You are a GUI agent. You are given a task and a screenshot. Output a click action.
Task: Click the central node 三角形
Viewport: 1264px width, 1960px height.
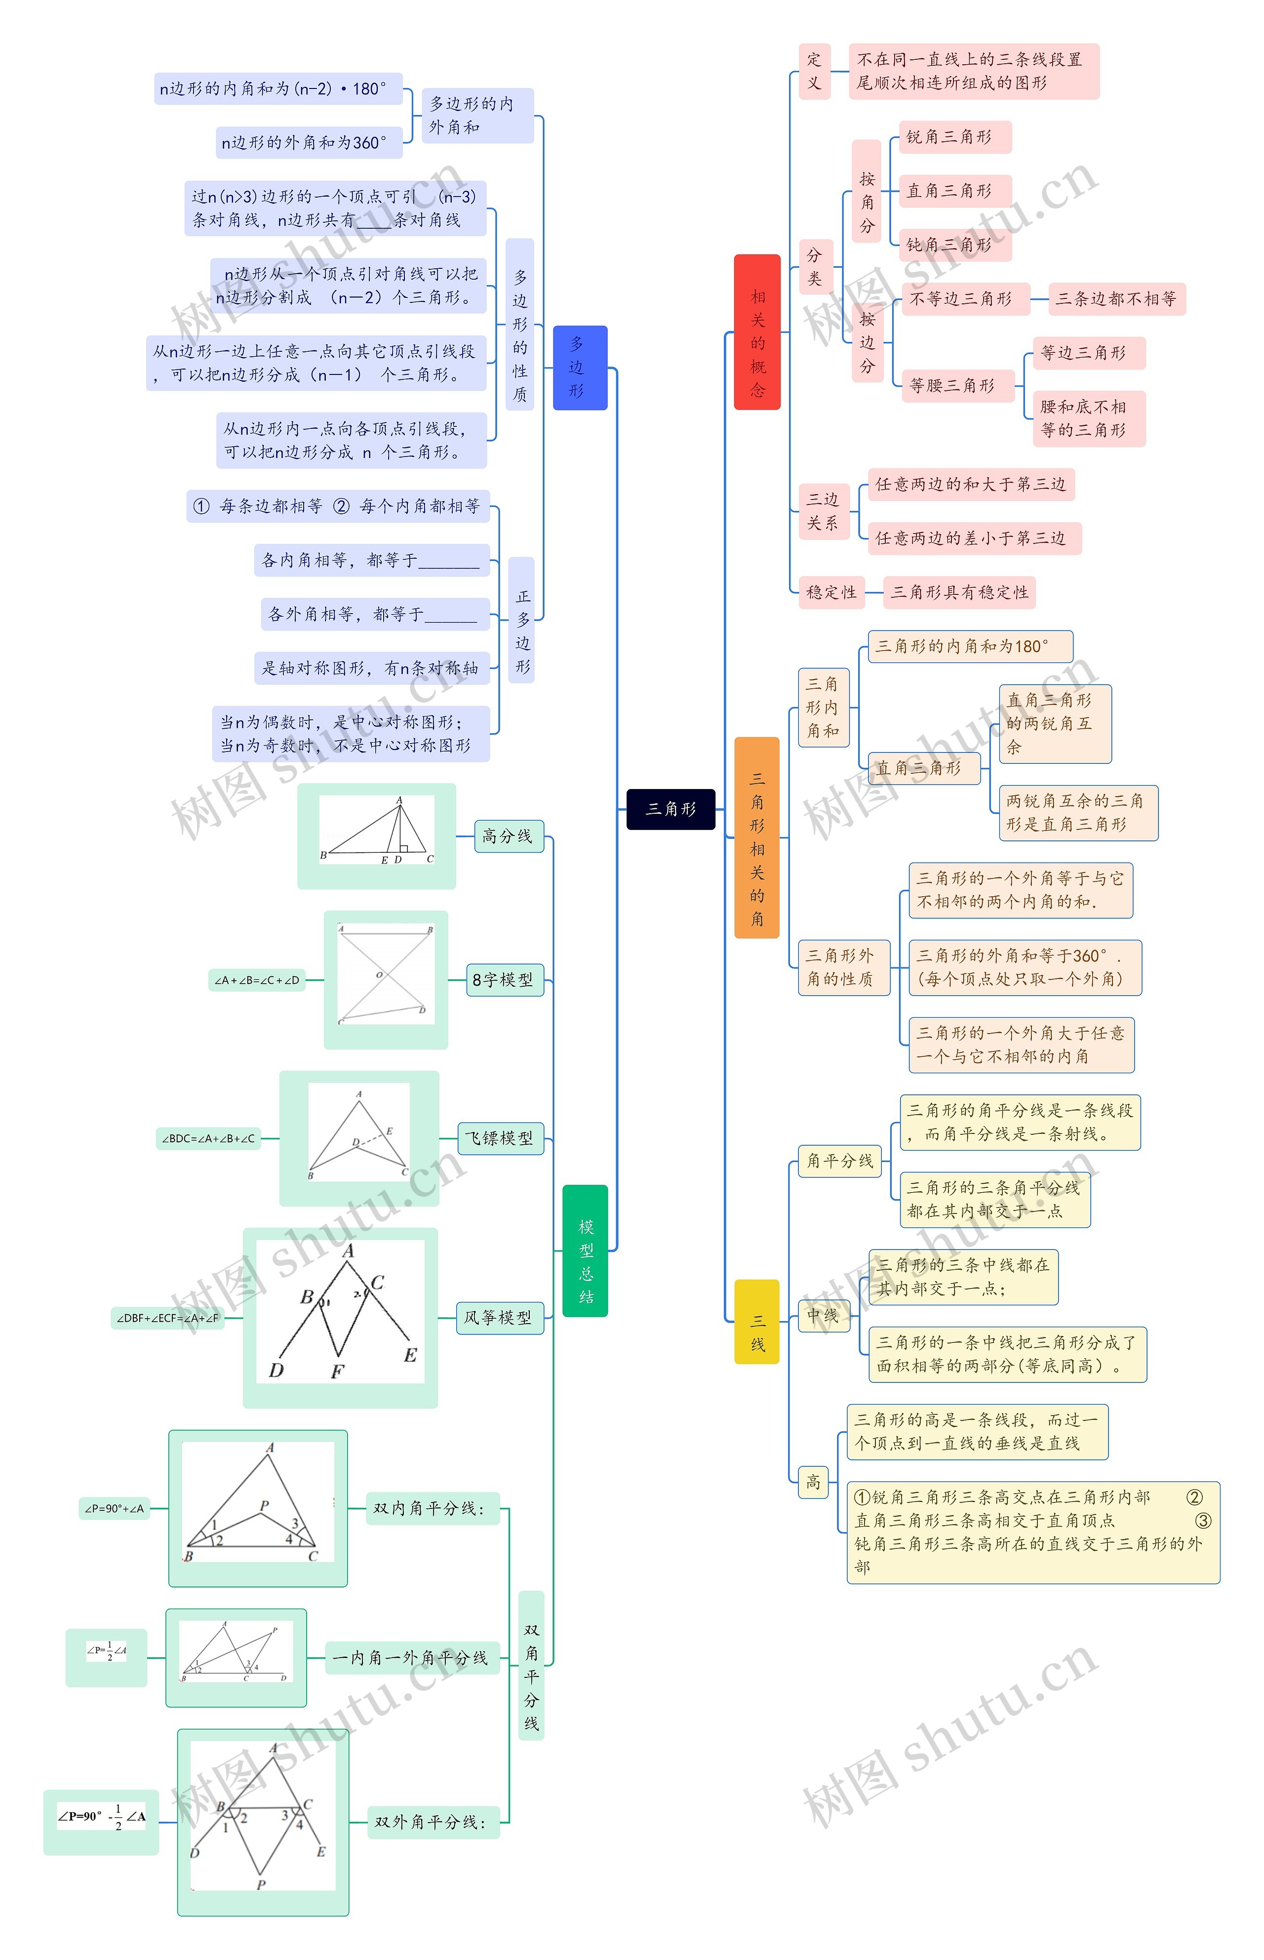[671, 809]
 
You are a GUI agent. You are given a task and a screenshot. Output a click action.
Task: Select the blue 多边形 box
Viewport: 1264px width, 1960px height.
[580, 367]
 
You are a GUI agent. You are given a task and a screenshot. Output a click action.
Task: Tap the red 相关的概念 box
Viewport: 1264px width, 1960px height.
[757, 331]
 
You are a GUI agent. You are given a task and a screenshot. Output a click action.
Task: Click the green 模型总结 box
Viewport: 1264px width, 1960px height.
[585, 1250]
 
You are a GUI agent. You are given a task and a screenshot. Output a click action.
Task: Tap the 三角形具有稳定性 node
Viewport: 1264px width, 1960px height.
[959, 592]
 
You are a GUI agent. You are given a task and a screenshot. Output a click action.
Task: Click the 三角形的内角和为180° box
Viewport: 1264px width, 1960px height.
[969, 646]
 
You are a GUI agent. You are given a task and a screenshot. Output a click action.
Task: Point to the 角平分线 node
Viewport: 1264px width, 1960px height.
[840, 1160]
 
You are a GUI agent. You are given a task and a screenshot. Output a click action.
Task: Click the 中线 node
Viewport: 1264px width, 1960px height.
[823, 1315]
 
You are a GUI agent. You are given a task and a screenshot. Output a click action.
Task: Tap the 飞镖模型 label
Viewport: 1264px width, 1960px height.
[500, 1138]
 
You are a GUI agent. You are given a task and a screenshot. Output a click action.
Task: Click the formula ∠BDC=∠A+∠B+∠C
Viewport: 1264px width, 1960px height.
[208, 1138]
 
